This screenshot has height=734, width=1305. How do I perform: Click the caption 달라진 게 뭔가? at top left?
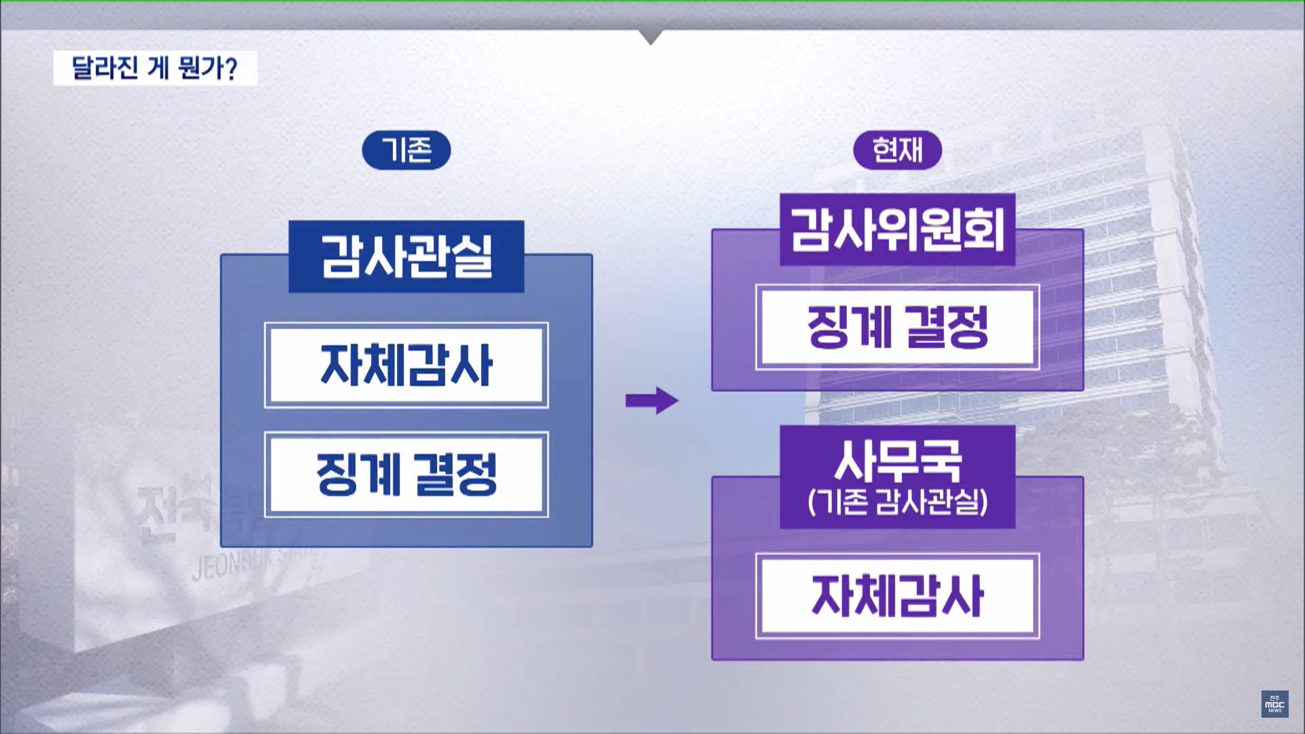coord(155,68)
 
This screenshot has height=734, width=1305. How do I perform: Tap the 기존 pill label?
coord(406,150)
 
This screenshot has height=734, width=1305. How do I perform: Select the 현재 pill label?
coord(897,150)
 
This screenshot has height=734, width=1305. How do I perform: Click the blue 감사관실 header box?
coord(406,256)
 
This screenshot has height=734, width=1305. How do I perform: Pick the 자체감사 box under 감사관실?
coord(406,365)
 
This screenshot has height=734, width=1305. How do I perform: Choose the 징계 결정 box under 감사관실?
coord(406,474)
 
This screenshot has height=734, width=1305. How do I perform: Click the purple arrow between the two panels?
coord(651,400)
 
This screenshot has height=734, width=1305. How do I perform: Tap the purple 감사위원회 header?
coord(897,230)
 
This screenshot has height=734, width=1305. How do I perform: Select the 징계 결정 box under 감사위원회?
coord(897,327)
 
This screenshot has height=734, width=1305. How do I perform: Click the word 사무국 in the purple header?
coord(897,461)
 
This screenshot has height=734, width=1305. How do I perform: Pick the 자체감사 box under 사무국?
coord(897,596)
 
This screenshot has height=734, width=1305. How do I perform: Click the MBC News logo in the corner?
coord(1274,704)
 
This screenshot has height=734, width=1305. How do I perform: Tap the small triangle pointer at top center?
coord(650,37)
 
